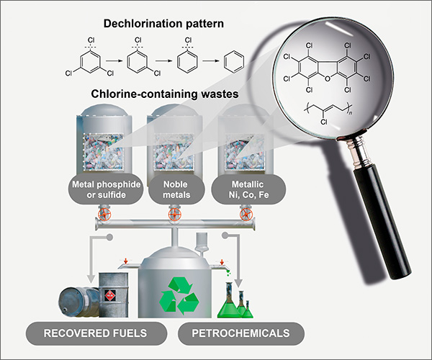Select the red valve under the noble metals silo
tap(174, 215)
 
